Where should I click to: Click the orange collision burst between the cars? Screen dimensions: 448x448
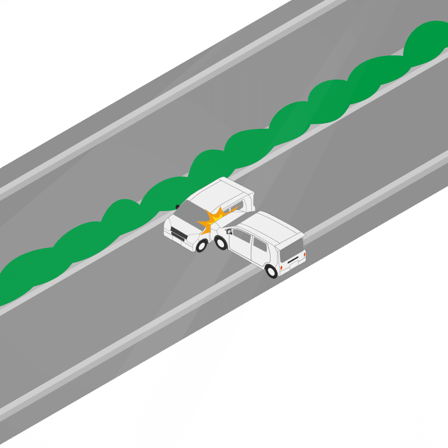(x=216, y=218)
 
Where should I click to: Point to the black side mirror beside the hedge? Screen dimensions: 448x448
(x=177, y=206)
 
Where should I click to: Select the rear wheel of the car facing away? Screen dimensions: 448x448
(x=272, y=270)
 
